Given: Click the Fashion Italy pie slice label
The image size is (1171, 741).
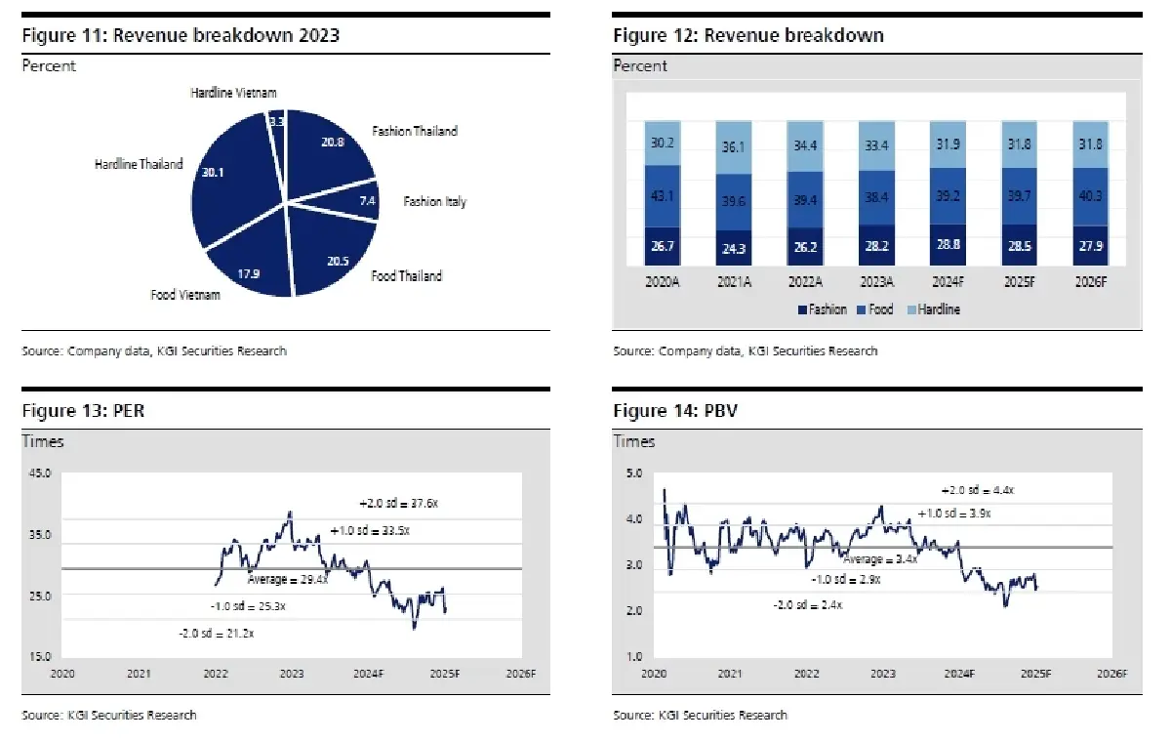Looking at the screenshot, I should (434, 202).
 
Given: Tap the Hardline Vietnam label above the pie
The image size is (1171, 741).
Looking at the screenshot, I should (233, 93).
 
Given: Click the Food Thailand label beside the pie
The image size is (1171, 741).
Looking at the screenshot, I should (406, 276).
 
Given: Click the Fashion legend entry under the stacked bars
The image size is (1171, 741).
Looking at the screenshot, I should (826, 309).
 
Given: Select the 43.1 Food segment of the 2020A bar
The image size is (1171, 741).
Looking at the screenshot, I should (663, 196).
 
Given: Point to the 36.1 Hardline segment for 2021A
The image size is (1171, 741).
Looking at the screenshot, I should (734, 146).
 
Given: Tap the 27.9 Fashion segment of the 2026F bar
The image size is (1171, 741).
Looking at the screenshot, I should (1091, 246).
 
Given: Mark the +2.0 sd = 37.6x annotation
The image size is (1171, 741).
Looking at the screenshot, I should (399, 504).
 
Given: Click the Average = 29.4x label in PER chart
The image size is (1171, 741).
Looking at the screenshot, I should (287, 580).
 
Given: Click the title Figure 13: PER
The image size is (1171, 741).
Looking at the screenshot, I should (83, 412).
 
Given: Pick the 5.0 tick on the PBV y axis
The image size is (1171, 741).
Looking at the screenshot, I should (633, 474).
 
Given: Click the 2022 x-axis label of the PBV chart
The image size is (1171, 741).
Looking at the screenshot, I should (806, 674).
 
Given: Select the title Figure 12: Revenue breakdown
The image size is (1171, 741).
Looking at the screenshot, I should (747, 35).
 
